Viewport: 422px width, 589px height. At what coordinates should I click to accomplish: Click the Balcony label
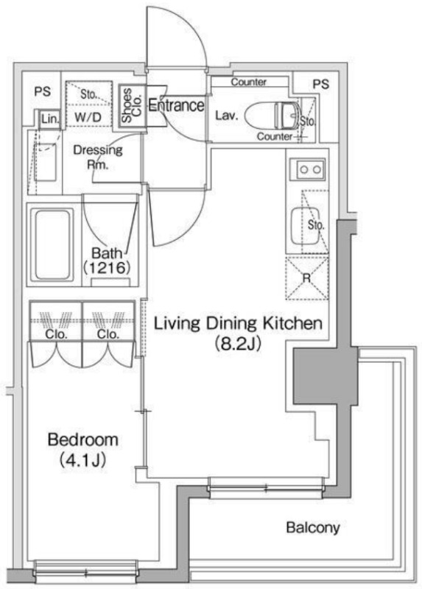point(313,527)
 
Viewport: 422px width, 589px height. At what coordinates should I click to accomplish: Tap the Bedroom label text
point(82,440)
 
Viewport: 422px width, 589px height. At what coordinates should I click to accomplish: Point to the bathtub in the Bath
point(53,245)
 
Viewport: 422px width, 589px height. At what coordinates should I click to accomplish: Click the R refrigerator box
point(306,278)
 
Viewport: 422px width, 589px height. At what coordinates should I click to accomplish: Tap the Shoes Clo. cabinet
point(132,105)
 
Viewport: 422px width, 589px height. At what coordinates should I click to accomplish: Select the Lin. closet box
point(50,119)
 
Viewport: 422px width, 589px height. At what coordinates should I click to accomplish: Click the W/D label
point(88,117)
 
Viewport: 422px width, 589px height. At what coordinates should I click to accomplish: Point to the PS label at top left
point(42,91)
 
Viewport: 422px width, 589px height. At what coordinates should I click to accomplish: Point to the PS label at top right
point(321,84)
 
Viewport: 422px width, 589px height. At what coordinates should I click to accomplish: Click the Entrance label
point(176,105)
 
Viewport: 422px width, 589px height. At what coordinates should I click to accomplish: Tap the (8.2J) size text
point(237,343)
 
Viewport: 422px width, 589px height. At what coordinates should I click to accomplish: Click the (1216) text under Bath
point(107,268)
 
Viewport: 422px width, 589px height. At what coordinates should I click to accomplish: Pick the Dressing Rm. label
point(98,157)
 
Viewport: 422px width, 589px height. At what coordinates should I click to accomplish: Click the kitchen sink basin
point(305,226)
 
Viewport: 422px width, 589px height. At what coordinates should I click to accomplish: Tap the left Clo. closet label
point(56,334)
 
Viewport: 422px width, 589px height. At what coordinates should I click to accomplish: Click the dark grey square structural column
point(326,375)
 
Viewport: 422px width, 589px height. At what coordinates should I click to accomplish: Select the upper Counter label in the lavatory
point(248,82)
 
